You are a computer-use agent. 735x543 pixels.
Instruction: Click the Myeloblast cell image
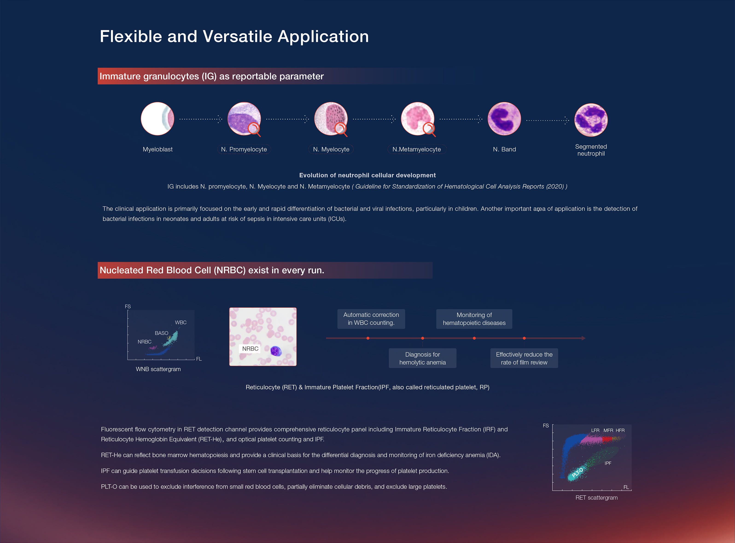click(157, 119)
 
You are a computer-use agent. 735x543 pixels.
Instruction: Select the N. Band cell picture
click(504, 119)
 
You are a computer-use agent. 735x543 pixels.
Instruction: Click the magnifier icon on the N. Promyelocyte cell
click(254, 129)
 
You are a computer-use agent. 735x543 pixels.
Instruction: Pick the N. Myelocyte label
click(331, 149)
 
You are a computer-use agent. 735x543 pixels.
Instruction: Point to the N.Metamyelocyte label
click(417, 149)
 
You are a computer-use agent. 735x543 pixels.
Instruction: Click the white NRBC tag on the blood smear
click(250, 348)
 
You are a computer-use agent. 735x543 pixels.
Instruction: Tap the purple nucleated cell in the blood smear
click(276, 351)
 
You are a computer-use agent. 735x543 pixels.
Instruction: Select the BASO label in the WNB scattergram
click(161, 333)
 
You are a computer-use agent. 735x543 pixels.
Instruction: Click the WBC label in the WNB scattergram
click(181, 323)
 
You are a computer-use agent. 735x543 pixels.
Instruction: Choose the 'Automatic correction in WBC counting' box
click(371, 319)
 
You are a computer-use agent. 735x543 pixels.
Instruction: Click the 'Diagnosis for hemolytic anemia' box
click(423, 358)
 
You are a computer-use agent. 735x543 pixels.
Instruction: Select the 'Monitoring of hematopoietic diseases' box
click(474, 319)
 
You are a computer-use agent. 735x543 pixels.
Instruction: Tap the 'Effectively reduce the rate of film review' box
click(524, 358)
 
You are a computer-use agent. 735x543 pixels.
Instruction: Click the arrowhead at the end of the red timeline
click(583, 338)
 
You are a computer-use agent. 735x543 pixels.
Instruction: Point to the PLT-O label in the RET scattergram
click(577, 472)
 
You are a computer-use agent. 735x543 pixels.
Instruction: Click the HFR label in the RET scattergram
click(620, 430)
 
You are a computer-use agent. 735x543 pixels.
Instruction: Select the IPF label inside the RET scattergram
click(608, 463)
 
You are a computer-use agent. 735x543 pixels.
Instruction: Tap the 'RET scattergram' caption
click(596, 498)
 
